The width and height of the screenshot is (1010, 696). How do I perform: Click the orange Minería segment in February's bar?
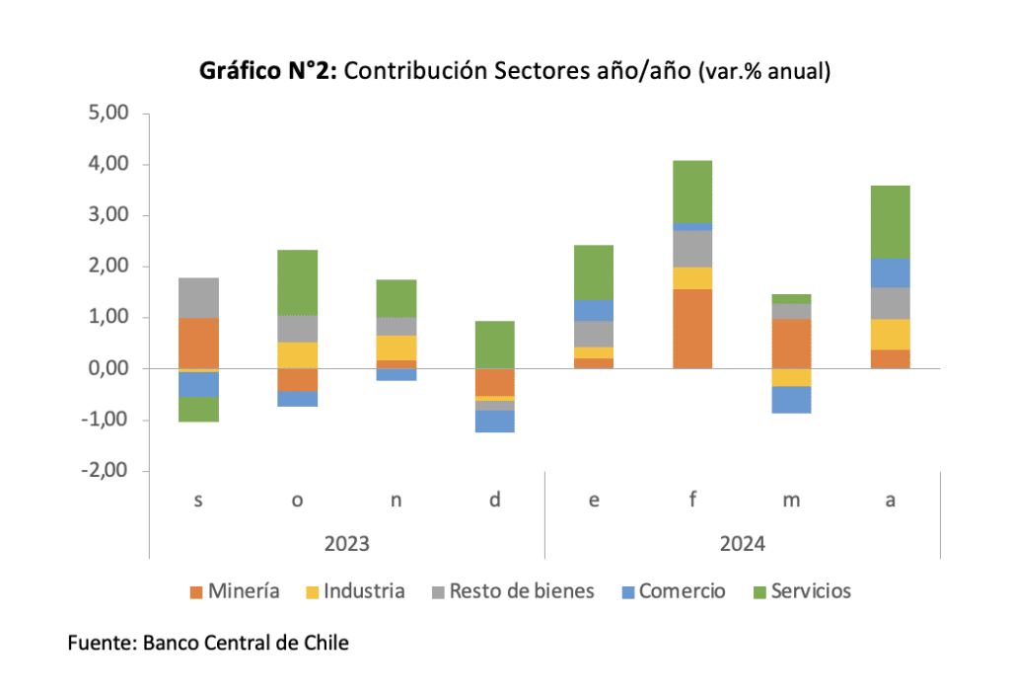pyautogui.click(x=692, y=328)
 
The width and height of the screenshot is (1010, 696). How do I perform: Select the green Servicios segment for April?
pyautogui.click(x=890, y=221)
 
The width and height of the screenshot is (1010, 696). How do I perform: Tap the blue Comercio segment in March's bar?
pyautogui.click(x=791, y=399)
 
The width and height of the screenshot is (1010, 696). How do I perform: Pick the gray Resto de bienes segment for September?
pyautogui.click(x=199, y=297)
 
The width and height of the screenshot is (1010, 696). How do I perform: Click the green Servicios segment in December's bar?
pyautogui.click(x=495, y=344)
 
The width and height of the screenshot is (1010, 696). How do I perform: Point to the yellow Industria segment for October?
pyautogui.click(x=298, y=354)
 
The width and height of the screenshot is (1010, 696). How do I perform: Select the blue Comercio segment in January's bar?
pyautogui.click(x=594, y=310)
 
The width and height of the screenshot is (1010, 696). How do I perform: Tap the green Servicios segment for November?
pyautogui.click(x=397, y=298)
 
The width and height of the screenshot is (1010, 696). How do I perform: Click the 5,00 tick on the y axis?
pyautogui.click(x=108, y=114)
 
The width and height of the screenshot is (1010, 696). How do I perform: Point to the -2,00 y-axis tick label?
pyautogui.click(x=107, y=471)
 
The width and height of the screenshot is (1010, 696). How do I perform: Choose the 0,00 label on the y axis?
pyautogui.click(x=108, y=368)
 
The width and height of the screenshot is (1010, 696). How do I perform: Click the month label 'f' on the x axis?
pyautogui.click(x=692, y=500)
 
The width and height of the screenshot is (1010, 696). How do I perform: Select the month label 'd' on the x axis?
pyautogui.click(x=495, y=500)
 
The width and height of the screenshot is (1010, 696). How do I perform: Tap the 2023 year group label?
pyautogui.click(x=346, y=543)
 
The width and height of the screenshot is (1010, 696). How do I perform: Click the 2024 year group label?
pyautogui.click(x=742, y=543)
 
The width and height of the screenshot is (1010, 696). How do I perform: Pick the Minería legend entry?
pyautogui.click(x=235, y=591)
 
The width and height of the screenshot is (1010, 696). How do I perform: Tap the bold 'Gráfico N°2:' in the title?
pyautogui.click(x=268, y=71)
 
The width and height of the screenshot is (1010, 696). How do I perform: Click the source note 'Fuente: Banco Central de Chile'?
pyautogui.click(x=208, y=643)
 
